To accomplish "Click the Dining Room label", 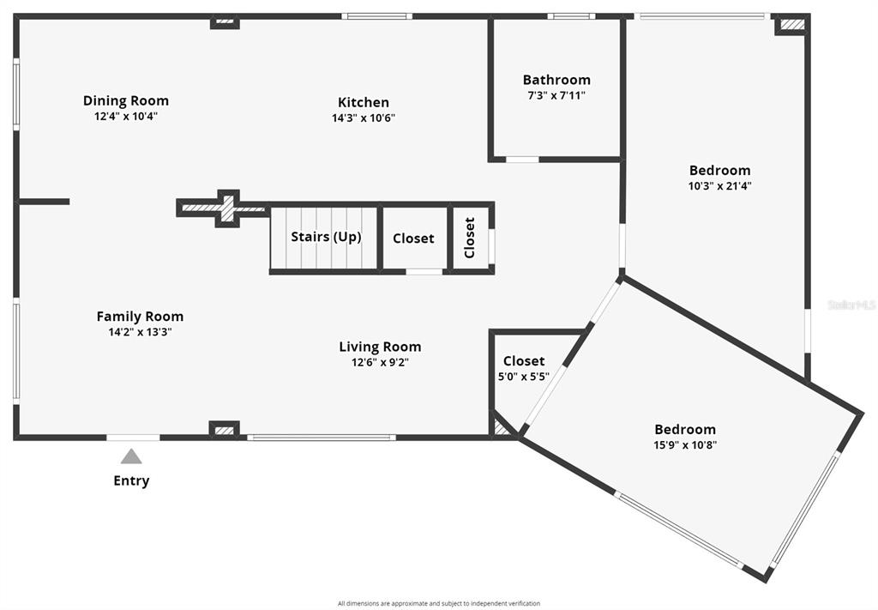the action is (x=126, y=101).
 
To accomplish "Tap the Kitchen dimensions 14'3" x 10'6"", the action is (x=364, y=118).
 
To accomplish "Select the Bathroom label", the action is (x=556, y=80).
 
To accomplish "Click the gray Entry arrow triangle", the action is (x=131, y=456).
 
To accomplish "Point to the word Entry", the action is (x=131, y=480).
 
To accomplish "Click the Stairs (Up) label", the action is (x=326, y=237).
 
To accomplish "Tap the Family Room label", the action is (x=140, y=317).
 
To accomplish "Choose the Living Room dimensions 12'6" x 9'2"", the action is (x=380, y=362).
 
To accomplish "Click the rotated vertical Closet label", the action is (x=470, y=238).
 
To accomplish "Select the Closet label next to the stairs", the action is (x=413, y=238).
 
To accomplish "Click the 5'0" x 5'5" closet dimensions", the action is (x=524, y=377).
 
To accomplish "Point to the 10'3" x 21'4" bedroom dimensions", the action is (x=719, y=185).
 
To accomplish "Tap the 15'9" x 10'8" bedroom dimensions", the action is (x=685, y=444).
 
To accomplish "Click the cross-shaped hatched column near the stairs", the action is (x=226, y=208).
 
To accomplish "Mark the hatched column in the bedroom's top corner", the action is (x=792, y=24).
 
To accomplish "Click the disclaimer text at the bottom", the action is (x=439, y=603).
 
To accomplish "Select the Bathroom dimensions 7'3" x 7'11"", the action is (x=556, y=95).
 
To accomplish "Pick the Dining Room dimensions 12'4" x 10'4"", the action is (x=126, y=117).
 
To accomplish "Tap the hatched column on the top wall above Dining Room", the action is (x=226, y=21).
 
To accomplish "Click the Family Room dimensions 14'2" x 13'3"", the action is (x=140, y=332).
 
